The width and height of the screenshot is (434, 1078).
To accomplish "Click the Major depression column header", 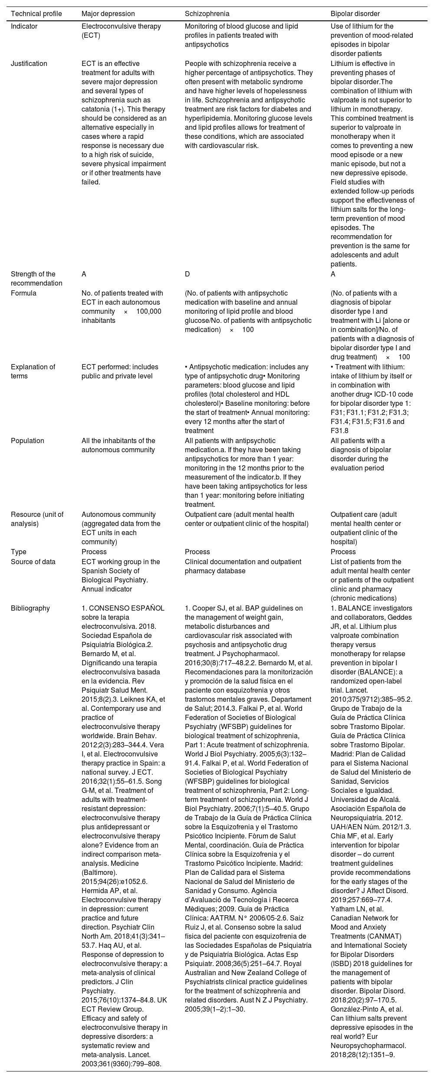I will coord(108,13).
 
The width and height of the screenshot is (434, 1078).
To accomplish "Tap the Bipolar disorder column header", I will coord(355,13).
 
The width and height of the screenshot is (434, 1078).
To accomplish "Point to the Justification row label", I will coord(29,63).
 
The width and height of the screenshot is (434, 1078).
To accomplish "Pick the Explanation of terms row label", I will coord(33,371).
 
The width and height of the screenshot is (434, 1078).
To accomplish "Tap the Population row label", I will coord(27,440).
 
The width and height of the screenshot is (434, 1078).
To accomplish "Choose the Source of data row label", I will coord(33,562).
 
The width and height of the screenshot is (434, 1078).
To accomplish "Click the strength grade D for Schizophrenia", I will coord(187,274).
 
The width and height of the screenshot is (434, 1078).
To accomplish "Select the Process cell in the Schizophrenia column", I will coord(197,552).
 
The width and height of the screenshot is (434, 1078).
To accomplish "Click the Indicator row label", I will coord(24,26).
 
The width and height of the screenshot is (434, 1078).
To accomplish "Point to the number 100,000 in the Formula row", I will coord(149,312).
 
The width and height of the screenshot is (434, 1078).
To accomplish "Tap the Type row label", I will coord(19,552).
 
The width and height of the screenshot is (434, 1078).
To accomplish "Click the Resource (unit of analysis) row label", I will coord(37,519).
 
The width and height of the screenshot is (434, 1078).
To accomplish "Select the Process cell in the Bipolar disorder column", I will coord(343,552).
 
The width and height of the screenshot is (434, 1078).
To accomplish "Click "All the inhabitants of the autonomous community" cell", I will coord(118,445).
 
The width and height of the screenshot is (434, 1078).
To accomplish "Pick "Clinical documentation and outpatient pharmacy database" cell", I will coord(243,566).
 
